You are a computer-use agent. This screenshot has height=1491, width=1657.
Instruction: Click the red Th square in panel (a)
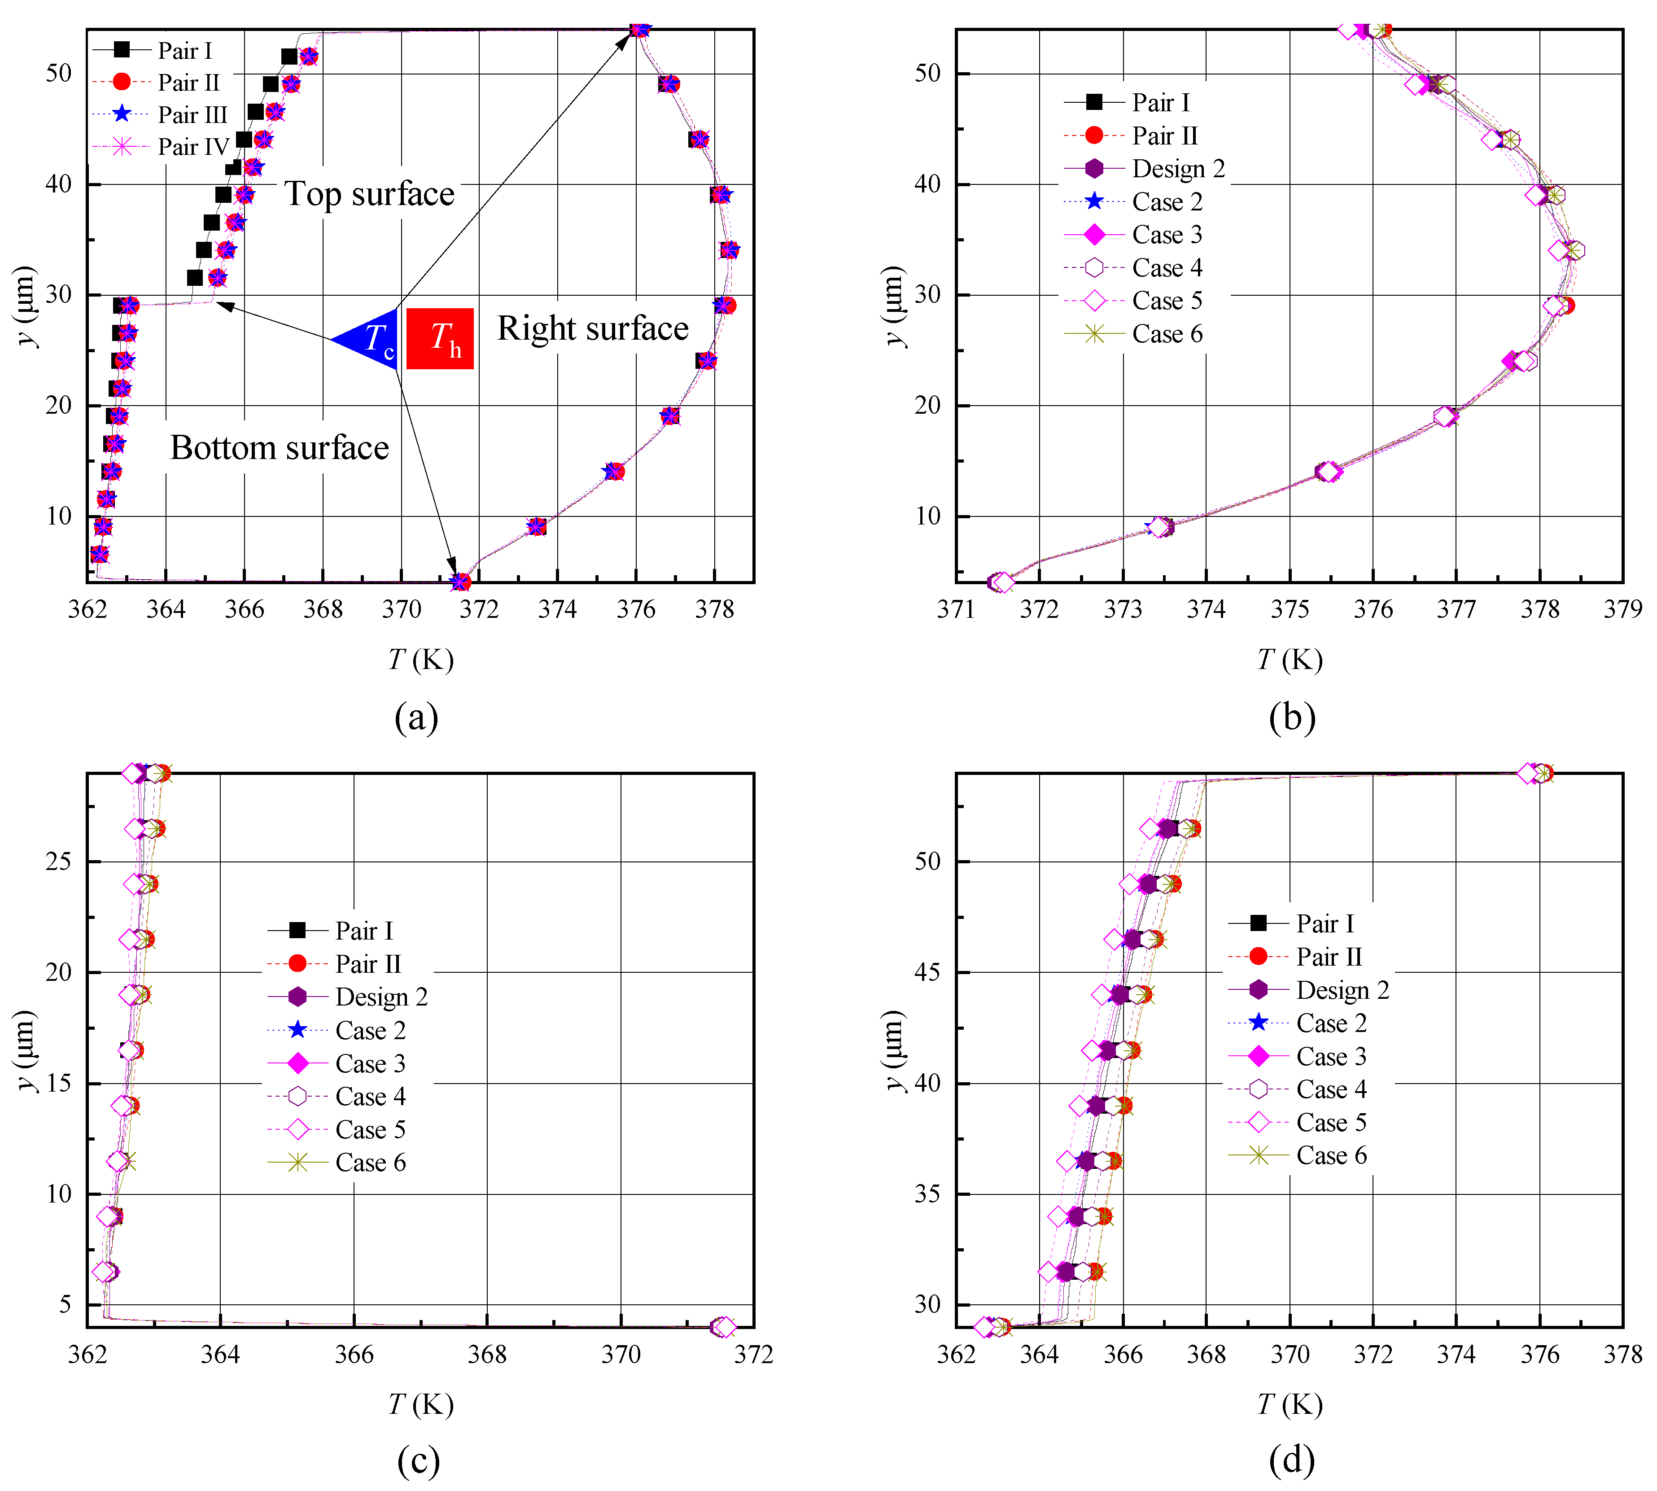point(440,338)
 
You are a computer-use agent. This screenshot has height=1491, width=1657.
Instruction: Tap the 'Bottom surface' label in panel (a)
point(279,448)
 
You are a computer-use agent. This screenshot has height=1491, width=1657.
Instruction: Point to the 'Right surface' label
point(593,328)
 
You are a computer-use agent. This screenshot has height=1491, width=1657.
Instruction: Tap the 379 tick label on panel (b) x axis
point(1622,609)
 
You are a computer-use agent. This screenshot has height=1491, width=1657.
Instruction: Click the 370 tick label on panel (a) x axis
point(401,609)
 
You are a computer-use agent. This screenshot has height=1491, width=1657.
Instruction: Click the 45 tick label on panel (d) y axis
point(928,972)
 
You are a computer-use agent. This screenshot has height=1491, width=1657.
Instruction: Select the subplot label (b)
point(1292,717)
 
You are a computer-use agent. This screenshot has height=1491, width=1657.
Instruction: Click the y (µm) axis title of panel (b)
point(895,306)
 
